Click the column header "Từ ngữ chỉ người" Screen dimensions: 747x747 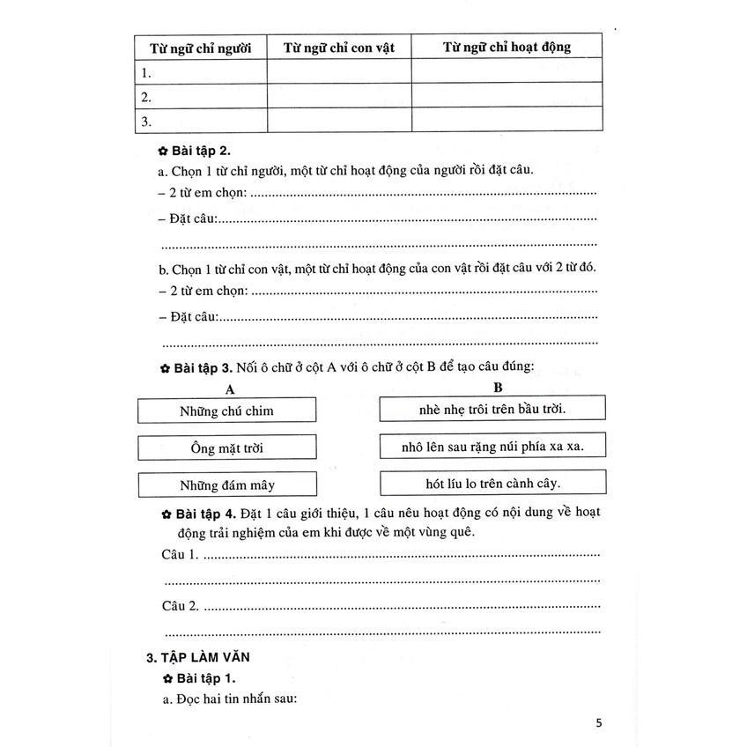tap(201, 47)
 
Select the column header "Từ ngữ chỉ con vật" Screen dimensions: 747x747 tap(339, 47)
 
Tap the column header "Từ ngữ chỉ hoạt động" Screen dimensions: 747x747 tap(507, 47)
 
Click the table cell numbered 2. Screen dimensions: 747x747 tap(201, 96)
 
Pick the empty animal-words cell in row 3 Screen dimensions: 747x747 tap(339, 121)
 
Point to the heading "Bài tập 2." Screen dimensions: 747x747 tap(202, 151)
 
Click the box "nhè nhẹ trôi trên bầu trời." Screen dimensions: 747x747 tap(492, 409)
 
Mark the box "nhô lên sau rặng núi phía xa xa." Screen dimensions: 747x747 tap(492, 447)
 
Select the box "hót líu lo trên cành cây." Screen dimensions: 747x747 tap(492, 483)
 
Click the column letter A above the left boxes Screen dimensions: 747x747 tap(229, 388)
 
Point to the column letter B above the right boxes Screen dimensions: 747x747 tap(497, 387)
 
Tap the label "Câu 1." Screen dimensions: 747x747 tap(181, 555)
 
